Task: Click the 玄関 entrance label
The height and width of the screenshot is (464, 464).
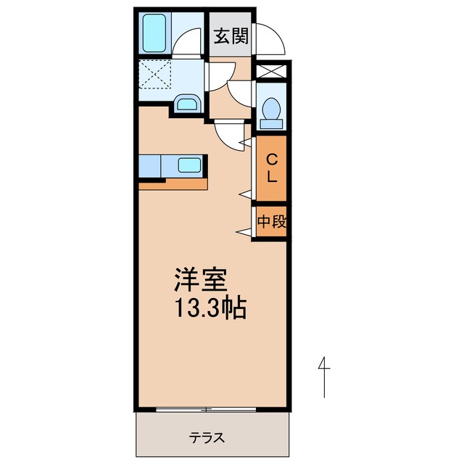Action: (231, 36)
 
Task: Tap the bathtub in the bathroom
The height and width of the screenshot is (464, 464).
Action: (155, 32)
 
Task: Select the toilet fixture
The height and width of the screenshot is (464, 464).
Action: (272, 111)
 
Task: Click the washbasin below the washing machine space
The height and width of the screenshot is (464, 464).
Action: (187, 104)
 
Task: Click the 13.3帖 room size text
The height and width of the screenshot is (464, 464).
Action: (210, 310)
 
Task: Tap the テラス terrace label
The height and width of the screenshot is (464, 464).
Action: (208, 437)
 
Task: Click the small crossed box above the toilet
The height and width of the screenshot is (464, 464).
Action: (272, 72)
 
